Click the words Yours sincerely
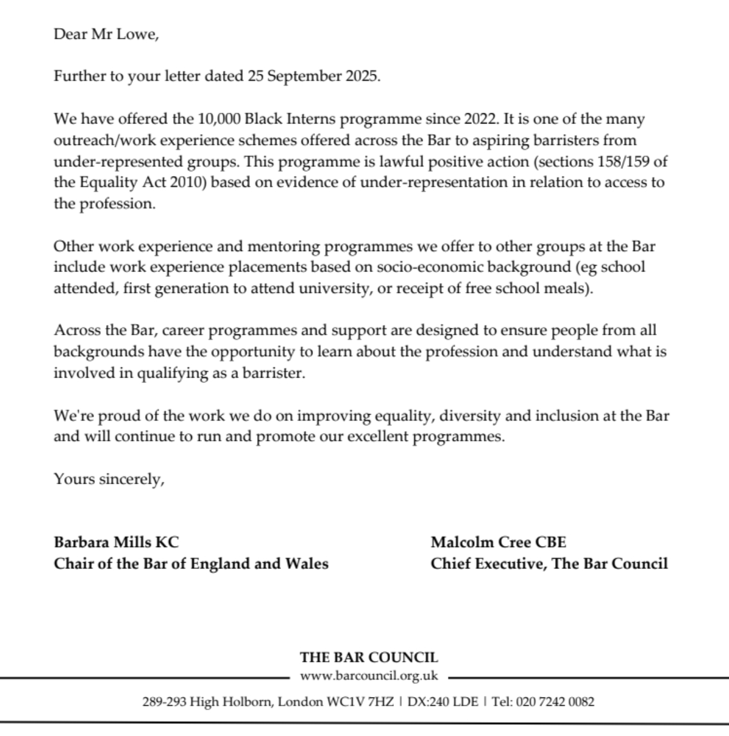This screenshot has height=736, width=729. [109, 479]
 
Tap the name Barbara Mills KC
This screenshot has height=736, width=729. [116, 542]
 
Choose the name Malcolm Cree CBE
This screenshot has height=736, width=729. [498, 542]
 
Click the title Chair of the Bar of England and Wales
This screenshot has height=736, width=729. [191, 563]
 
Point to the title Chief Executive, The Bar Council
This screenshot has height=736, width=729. [549, 563]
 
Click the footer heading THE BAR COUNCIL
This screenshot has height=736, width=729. [369, 657]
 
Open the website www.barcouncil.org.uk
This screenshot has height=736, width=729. [369, 676]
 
